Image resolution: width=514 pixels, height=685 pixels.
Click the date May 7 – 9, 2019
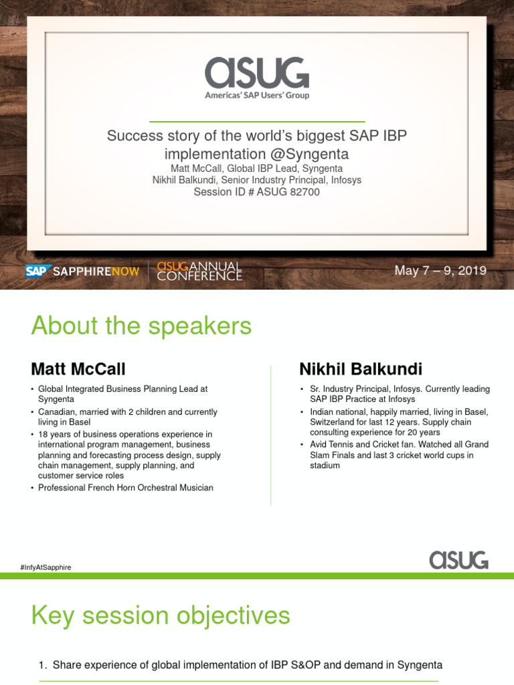point(440,271)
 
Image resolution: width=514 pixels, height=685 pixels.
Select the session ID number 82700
point(305,192)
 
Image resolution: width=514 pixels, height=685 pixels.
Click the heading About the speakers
point(141,326)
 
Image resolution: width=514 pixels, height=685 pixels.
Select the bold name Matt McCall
point(78,369)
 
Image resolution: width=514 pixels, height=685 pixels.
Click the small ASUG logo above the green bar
point(458,559)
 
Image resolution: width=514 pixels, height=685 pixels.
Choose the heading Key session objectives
point(161,615)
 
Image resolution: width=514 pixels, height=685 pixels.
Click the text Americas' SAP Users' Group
point(257,96)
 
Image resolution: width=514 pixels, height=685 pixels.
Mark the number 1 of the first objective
point(42,665)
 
